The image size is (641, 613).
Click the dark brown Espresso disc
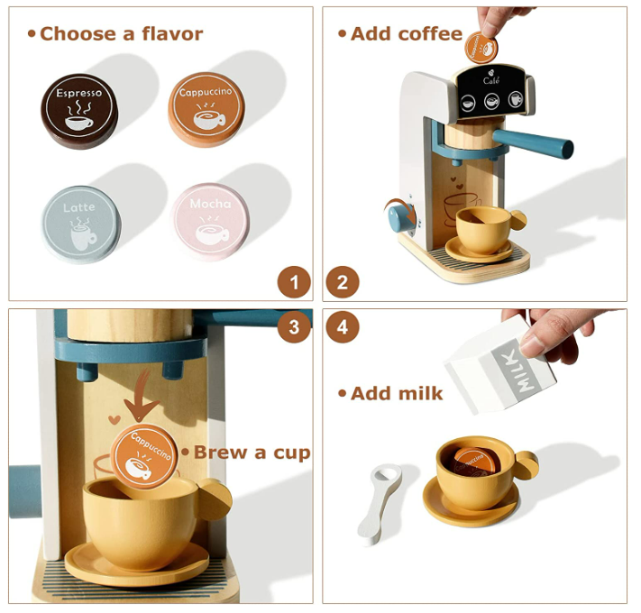79,111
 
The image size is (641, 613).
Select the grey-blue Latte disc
81,224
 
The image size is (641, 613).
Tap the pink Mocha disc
210,221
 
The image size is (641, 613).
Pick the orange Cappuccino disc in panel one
206,109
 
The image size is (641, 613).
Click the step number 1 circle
294,282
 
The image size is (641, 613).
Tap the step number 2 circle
343,282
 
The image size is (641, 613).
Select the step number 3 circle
294,326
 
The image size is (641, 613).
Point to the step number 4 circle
343,326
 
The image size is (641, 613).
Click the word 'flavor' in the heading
172,33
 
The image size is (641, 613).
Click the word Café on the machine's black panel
491,81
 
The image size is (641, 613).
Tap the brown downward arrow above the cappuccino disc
141,395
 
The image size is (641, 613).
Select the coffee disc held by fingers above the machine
481,48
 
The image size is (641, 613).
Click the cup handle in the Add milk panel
527,465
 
